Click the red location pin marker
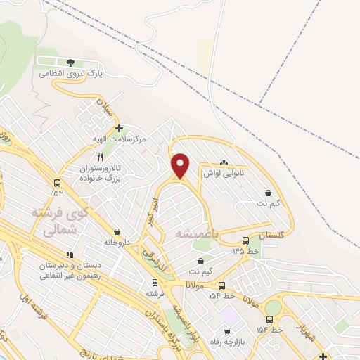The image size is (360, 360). tap(181, 165)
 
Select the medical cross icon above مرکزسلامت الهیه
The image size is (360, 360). tap(120, 128)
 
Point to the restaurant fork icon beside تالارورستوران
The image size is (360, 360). tap(100, 157)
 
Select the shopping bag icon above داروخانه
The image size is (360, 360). tap(116, 231)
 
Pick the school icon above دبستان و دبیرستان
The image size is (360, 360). tap(69, 255)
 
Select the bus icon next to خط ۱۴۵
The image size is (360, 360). tap(245, 240)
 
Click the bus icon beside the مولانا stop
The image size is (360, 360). tap(222, 286)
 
